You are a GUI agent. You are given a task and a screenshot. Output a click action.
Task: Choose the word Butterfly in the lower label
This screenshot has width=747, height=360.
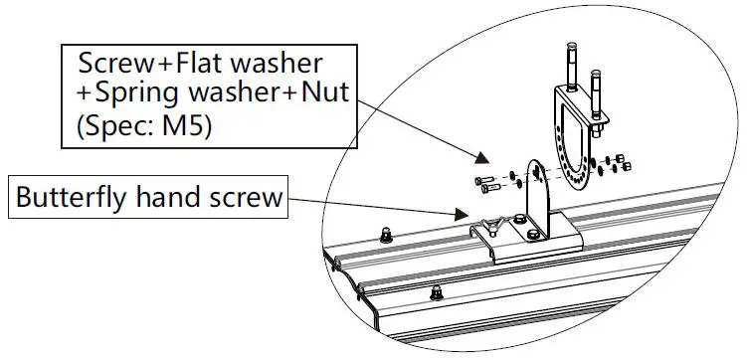coord(65,198)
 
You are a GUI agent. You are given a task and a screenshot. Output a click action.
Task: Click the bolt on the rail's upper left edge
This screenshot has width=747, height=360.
coord(385,235)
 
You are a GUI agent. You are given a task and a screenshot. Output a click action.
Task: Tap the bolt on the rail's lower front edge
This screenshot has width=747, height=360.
coord(437,293)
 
